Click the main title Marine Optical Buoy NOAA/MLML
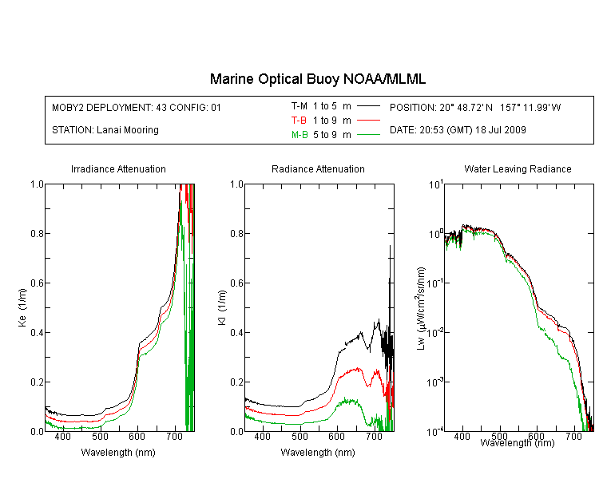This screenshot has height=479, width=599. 317,79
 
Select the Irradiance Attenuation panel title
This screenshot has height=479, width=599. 118,168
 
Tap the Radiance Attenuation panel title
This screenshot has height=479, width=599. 318,168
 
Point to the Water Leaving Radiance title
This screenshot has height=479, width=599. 518,168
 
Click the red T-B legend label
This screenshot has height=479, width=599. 299,121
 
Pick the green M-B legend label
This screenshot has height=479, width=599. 299,135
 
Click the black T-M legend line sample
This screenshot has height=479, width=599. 368,106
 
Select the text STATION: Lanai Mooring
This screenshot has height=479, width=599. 105,130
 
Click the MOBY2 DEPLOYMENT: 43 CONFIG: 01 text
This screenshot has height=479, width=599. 137,107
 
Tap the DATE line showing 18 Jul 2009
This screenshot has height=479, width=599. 458,130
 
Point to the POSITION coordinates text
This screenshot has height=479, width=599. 475,107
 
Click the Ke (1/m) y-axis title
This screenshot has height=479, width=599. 22,307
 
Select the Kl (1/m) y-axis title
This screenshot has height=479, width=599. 222,308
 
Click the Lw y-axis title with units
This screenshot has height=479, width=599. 421,309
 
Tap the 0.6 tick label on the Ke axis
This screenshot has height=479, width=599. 37,283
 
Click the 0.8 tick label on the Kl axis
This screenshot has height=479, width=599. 237,233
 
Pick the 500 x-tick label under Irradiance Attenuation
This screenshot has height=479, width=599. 100,436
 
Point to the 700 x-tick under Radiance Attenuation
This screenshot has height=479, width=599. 374,436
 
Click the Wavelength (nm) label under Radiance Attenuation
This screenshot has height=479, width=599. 318,453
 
